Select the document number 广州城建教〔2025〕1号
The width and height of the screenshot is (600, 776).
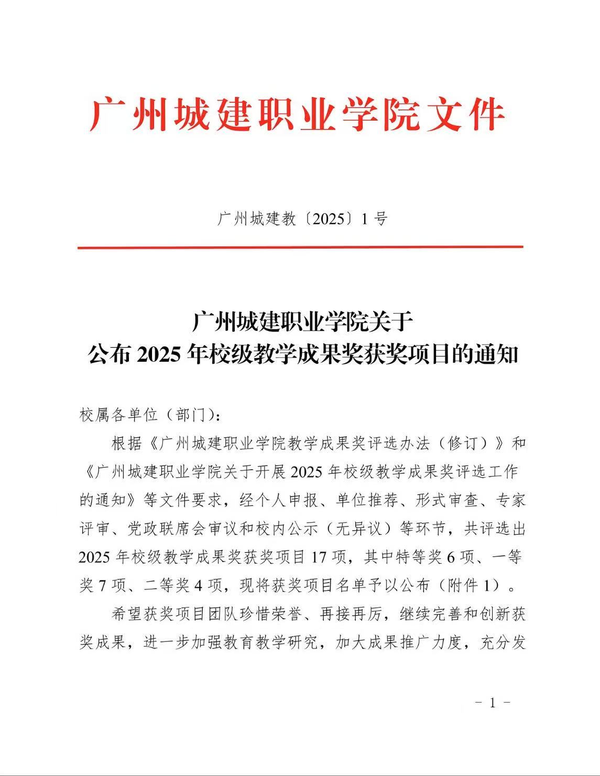[x=302, y=219]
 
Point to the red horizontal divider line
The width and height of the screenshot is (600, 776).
[x=300, y=247]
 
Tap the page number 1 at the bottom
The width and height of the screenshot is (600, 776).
[x=492, y=703]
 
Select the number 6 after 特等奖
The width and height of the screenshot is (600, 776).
[x=450, y=557]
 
